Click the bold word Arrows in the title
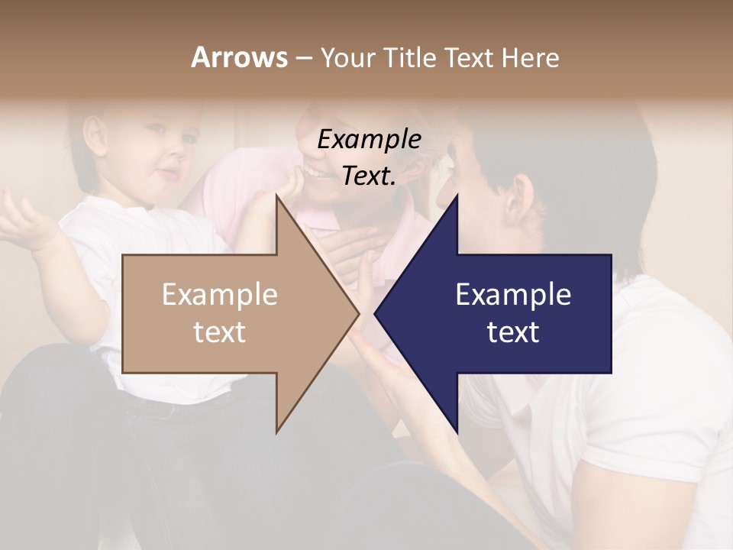239,57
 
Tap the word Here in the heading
531,57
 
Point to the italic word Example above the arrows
369,139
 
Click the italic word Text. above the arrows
369,176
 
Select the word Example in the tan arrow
219,294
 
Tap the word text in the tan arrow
219,332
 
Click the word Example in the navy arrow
513,294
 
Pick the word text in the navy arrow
513,332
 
